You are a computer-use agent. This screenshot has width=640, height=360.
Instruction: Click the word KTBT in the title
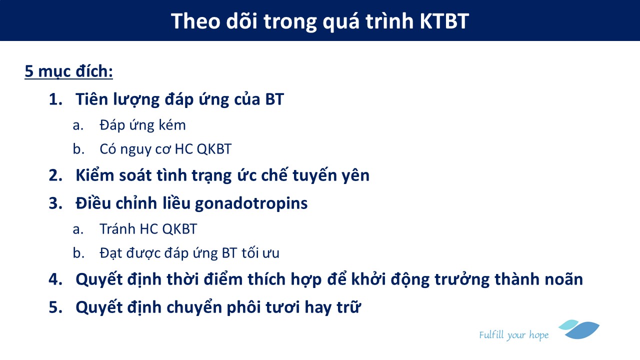[x=444, y=21]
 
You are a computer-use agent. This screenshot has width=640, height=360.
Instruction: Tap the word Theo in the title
[x=195, y=21]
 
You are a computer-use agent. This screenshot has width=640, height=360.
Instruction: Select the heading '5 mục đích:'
[x=69, y=71]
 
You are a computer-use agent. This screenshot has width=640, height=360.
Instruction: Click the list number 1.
[x=55, y=99]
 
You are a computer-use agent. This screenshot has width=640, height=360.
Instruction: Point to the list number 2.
[x=55, y=175]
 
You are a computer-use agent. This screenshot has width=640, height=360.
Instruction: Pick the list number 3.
[x=55, y=203]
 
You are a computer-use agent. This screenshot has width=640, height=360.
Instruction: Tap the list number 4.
[x=55, y=279]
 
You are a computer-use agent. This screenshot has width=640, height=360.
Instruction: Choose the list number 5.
[x=55, y=307]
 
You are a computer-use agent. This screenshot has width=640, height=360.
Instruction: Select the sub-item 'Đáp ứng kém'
[x=142, y=124]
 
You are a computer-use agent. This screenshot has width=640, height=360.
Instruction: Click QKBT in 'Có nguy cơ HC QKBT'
[x=214, y=149]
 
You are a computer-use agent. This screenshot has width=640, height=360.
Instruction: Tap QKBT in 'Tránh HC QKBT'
[x=179, y=229]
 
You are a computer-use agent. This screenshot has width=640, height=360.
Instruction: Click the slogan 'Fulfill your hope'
[x=513, y=335]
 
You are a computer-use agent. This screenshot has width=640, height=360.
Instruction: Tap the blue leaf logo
[x=579, y=329]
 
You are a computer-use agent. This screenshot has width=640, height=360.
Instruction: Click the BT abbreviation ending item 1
[x=274, y=99]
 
